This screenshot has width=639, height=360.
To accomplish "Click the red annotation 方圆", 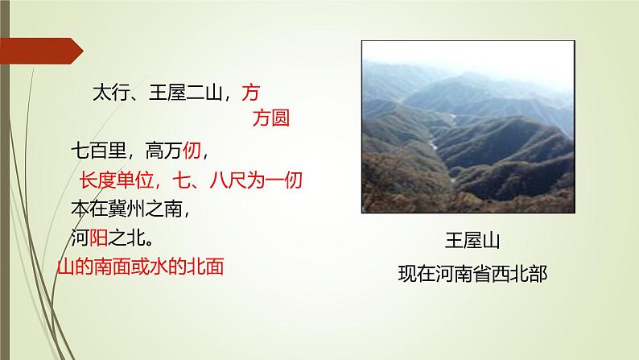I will point(270,119).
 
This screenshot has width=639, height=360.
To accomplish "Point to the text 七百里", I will point(97,150).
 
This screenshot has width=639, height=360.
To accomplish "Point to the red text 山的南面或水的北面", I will point(141,267).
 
